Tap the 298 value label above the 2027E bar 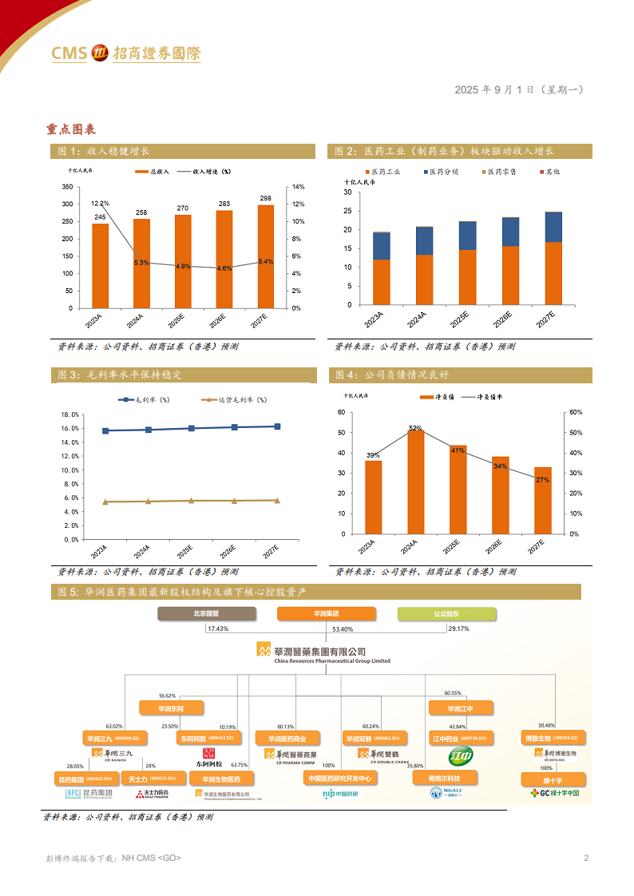pyautogui.click(x=265, y=198)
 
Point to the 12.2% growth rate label pyautogui.click(x=100, y=204)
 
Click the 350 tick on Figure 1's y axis pyautogui.click(x=66, y=187)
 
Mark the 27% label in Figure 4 pyautogui.click(x=543, y=480)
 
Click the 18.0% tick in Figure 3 pyautogui.click(x=69, y=415)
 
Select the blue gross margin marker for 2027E pyautogui.click(x=276, y=426)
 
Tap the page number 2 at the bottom pyautogui.click(x=586, y=858)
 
